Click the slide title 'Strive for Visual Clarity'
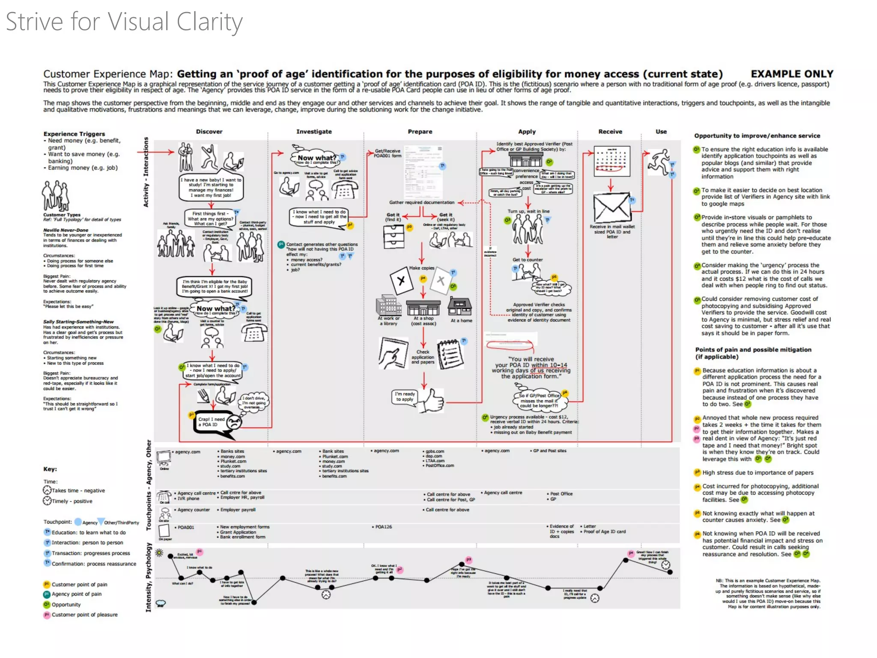click(x=124, y=22)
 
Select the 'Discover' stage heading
click(x=209, y=132)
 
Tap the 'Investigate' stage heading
click(x=314, y=132)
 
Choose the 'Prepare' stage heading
click(x=420, y=132)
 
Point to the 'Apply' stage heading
click(x=527, y=132)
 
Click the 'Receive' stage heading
click(x=610, y=132)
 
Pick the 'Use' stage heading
click(x=661, y=132)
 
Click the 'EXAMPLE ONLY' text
click(x=792, y=74)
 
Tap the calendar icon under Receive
click(x=612, y=161)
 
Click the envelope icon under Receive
click(x=612, y=208)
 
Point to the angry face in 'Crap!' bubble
click(x=234, y=422)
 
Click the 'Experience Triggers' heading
click(x=74, y=134)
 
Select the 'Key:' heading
click(x=50, y=469)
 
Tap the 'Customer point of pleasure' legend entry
click(x=84, y=615)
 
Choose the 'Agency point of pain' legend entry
click(x=76, y=594)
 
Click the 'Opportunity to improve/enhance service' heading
click(x=757, y=136)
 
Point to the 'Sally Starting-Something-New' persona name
click(x=78, y=322)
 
